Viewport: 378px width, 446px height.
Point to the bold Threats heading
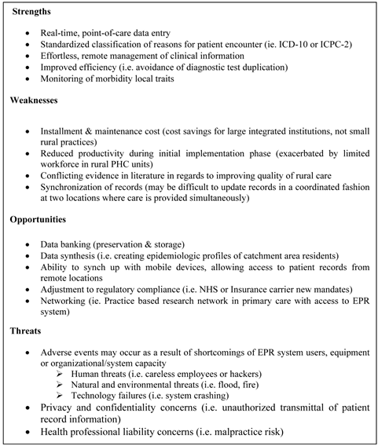(x=27, y=331)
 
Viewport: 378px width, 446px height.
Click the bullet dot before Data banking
(x=29, y=242)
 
